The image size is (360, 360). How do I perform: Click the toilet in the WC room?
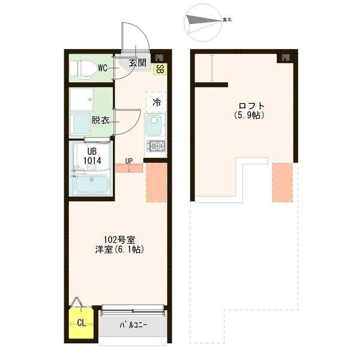(x=83, y=68)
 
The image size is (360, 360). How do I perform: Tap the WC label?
(x=103, y=68)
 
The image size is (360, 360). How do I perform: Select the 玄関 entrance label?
(x=137, y=62)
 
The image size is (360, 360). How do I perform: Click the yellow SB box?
(x=160, y=69)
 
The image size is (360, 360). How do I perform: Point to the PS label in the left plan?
(x=160, y=58)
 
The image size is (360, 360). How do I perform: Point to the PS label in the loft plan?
(x=286, y=58)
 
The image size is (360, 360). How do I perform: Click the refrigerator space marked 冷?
(x=157, y=102)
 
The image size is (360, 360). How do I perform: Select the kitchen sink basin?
(x=154, y=125)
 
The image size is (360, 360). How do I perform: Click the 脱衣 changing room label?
(x=100, y=120)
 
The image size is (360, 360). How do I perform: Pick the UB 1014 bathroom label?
(x=92, y=156)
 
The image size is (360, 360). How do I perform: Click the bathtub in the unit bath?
(x=92, y=184)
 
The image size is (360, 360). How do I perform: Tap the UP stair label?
(x=129, y=161)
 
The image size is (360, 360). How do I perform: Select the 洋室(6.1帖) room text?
(x=119, y=250)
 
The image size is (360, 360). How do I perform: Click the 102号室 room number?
(x=119, y=240)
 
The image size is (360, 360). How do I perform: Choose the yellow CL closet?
(x=81, y=323)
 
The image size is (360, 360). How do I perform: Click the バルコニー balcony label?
(x=133, y=325)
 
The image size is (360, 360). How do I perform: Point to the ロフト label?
(x=251, y=106)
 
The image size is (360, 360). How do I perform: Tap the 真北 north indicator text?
(x=227, y=20)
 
